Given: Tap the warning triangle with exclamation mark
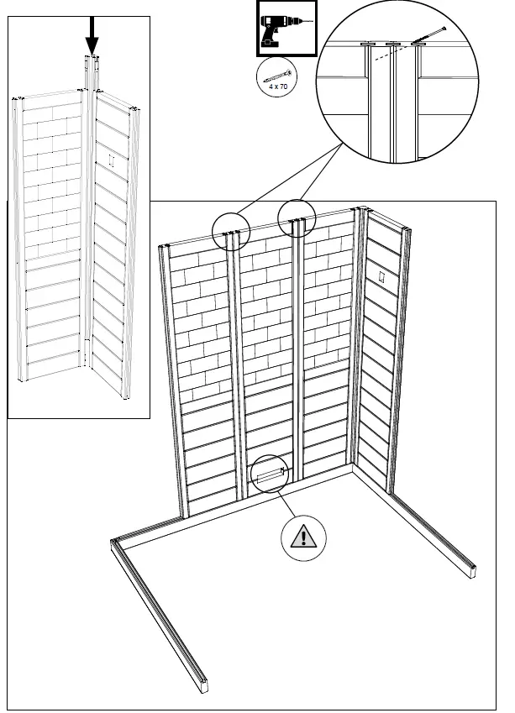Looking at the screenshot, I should (304, 536).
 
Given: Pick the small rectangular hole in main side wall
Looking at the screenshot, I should (381, 276).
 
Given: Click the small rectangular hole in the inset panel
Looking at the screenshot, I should (112, 159).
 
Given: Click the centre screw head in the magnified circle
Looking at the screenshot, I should (392, 44).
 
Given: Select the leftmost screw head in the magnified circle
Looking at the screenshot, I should (367, 44).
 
